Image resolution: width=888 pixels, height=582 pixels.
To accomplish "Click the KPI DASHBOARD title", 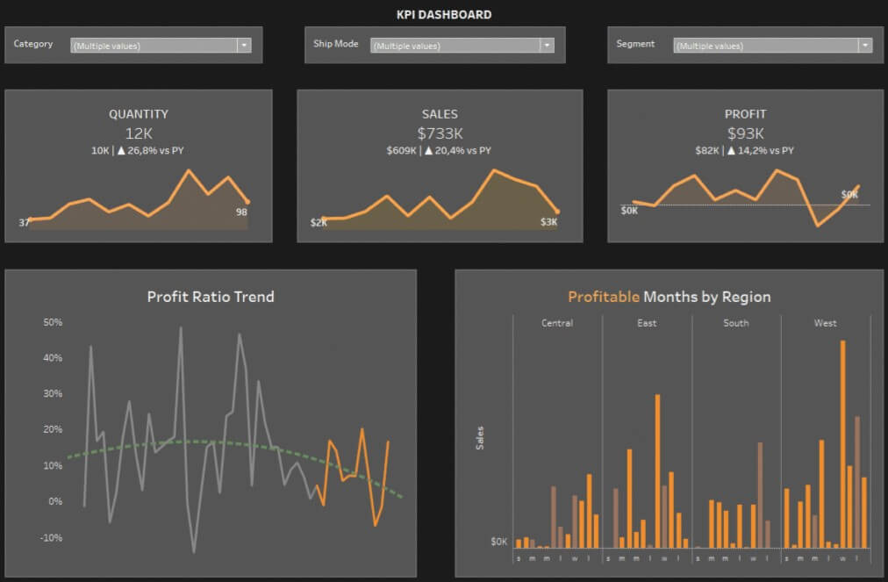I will point(444,14).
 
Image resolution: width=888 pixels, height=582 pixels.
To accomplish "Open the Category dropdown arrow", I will point(244,46).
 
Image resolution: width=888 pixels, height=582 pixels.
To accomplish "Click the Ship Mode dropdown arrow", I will point(547,46).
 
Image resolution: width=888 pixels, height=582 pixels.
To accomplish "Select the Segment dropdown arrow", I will point(865,46).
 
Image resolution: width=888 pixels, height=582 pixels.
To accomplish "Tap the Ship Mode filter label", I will point(335,44).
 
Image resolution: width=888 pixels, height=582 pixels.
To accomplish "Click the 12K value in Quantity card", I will point(139,133).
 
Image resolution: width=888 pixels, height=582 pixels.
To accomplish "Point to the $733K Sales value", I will point(440,133).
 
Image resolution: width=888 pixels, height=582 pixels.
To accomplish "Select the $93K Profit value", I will point(745,133).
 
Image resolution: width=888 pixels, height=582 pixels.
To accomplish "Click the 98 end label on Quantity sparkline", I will point(242,212).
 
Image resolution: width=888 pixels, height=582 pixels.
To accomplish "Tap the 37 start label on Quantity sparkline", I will point(25,223).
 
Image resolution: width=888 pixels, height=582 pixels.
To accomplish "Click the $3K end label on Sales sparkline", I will point(548,223).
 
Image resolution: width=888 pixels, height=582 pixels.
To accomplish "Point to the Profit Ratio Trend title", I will point(211,297).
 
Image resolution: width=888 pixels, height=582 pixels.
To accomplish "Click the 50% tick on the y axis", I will point(52,322).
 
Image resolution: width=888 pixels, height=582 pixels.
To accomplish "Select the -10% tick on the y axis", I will point(52,537).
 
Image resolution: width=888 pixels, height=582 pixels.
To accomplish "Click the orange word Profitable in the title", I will point(604,297).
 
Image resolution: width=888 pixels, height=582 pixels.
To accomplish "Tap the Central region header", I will point(557,323).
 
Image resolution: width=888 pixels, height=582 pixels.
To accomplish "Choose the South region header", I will point(735,323).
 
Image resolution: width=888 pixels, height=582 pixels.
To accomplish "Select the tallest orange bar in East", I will point(657,470).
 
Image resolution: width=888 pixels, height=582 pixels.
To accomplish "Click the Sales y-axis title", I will point(480,438).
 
